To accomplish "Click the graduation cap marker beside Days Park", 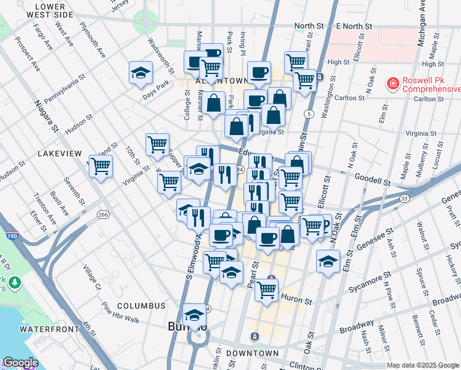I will pos(141,73).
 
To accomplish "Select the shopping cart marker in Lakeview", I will pos(101,165).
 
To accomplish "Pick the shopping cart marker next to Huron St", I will pos(266,289).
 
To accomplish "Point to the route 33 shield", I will pos(404,198).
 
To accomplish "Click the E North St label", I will pos(355,27).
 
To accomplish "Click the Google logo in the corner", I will pos(20,363).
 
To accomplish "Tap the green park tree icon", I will pos(14,283).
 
